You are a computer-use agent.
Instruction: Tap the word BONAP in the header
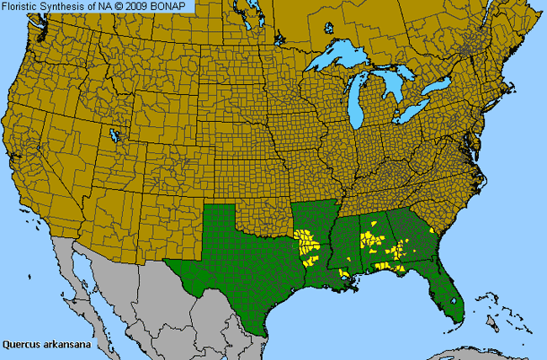(175, 6)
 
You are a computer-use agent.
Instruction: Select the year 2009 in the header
(143, 6)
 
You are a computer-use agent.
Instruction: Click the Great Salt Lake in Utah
(115, 136)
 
